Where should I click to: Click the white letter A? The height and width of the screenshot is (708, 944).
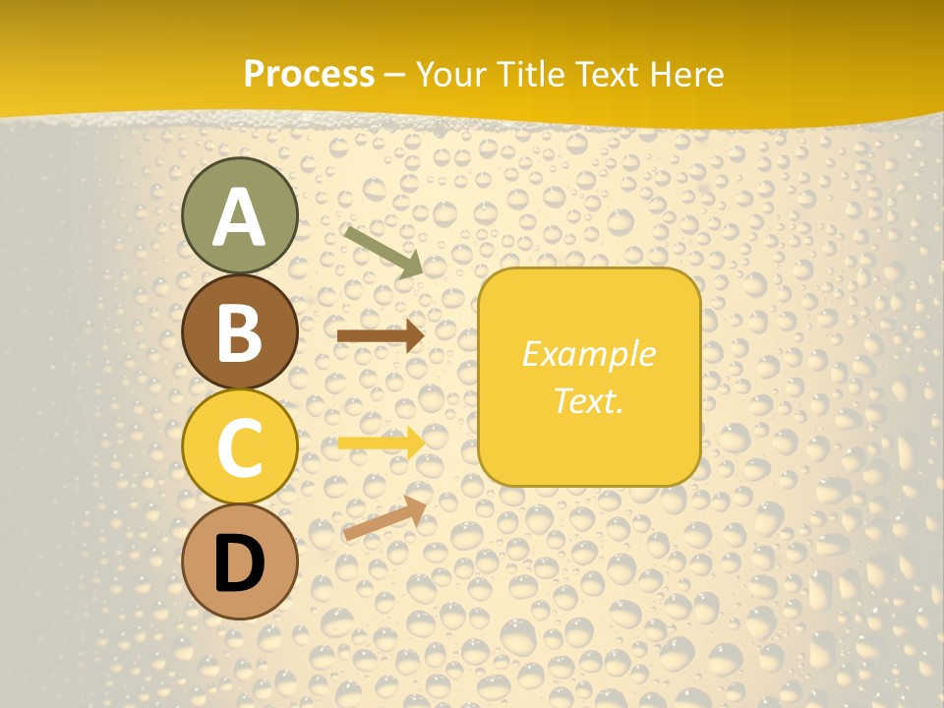pos(240,217)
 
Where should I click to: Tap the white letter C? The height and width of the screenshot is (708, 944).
pos(240,447)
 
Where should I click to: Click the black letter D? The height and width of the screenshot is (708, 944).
pos(240,563)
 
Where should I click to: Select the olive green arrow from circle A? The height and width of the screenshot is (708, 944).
pos(383,251)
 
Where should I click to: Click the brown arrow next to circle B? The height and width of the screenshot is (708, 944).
pos(380,335)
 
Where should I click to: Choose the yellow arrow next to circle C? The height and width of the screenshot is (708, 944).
pos(381,442)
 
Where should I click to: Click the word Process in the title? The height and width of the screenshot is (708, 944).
pos(309,75)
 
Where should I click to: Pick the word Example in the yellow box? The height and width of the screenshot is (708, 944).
pos(588,354)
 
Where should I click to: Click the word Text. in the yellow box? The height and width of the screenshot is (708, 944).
pos(588,400)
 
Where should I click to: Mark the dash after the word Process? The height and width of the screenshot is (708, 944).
pos(395,76)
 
